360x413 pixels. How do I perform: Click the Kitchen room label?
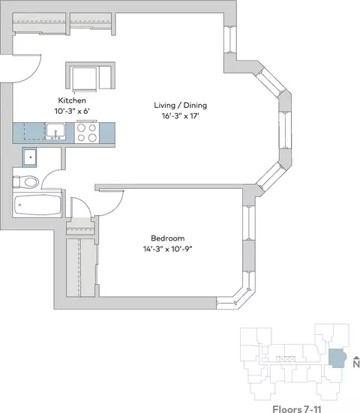tap(72, 100)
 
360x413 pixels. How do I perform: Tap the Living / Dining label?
tap(181, 106)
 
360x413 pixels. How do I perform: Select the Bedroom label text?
tap(167, 238)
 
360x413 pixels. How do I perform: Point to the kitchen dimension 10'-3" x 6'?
tap(72, 111)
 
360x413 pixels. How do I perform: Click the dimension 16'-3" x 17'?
tap(180, 116)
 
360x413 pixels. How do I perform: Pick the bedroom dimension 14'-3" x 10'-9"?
tap(167, 249)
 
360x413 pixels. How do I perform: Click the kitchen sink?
tap(55, 131)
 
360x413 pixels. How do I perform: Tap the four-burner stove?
tap(87, 133)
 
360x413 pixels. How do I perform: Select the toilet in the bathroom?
tap(25, 181)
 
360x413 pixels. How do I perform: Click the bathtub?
tap(37, 205)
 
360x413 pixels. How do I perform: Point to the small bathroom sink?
tap(29, 157)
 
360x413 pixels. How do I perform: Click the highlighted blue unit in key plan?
tap(337, 358)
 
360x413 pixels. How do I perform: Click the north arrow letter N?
tap(356, 364)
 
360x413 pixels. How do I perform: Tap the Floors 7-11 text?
tap(297, 409)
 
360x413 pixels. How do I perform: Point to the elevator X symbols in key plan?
tap(286, 359)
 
